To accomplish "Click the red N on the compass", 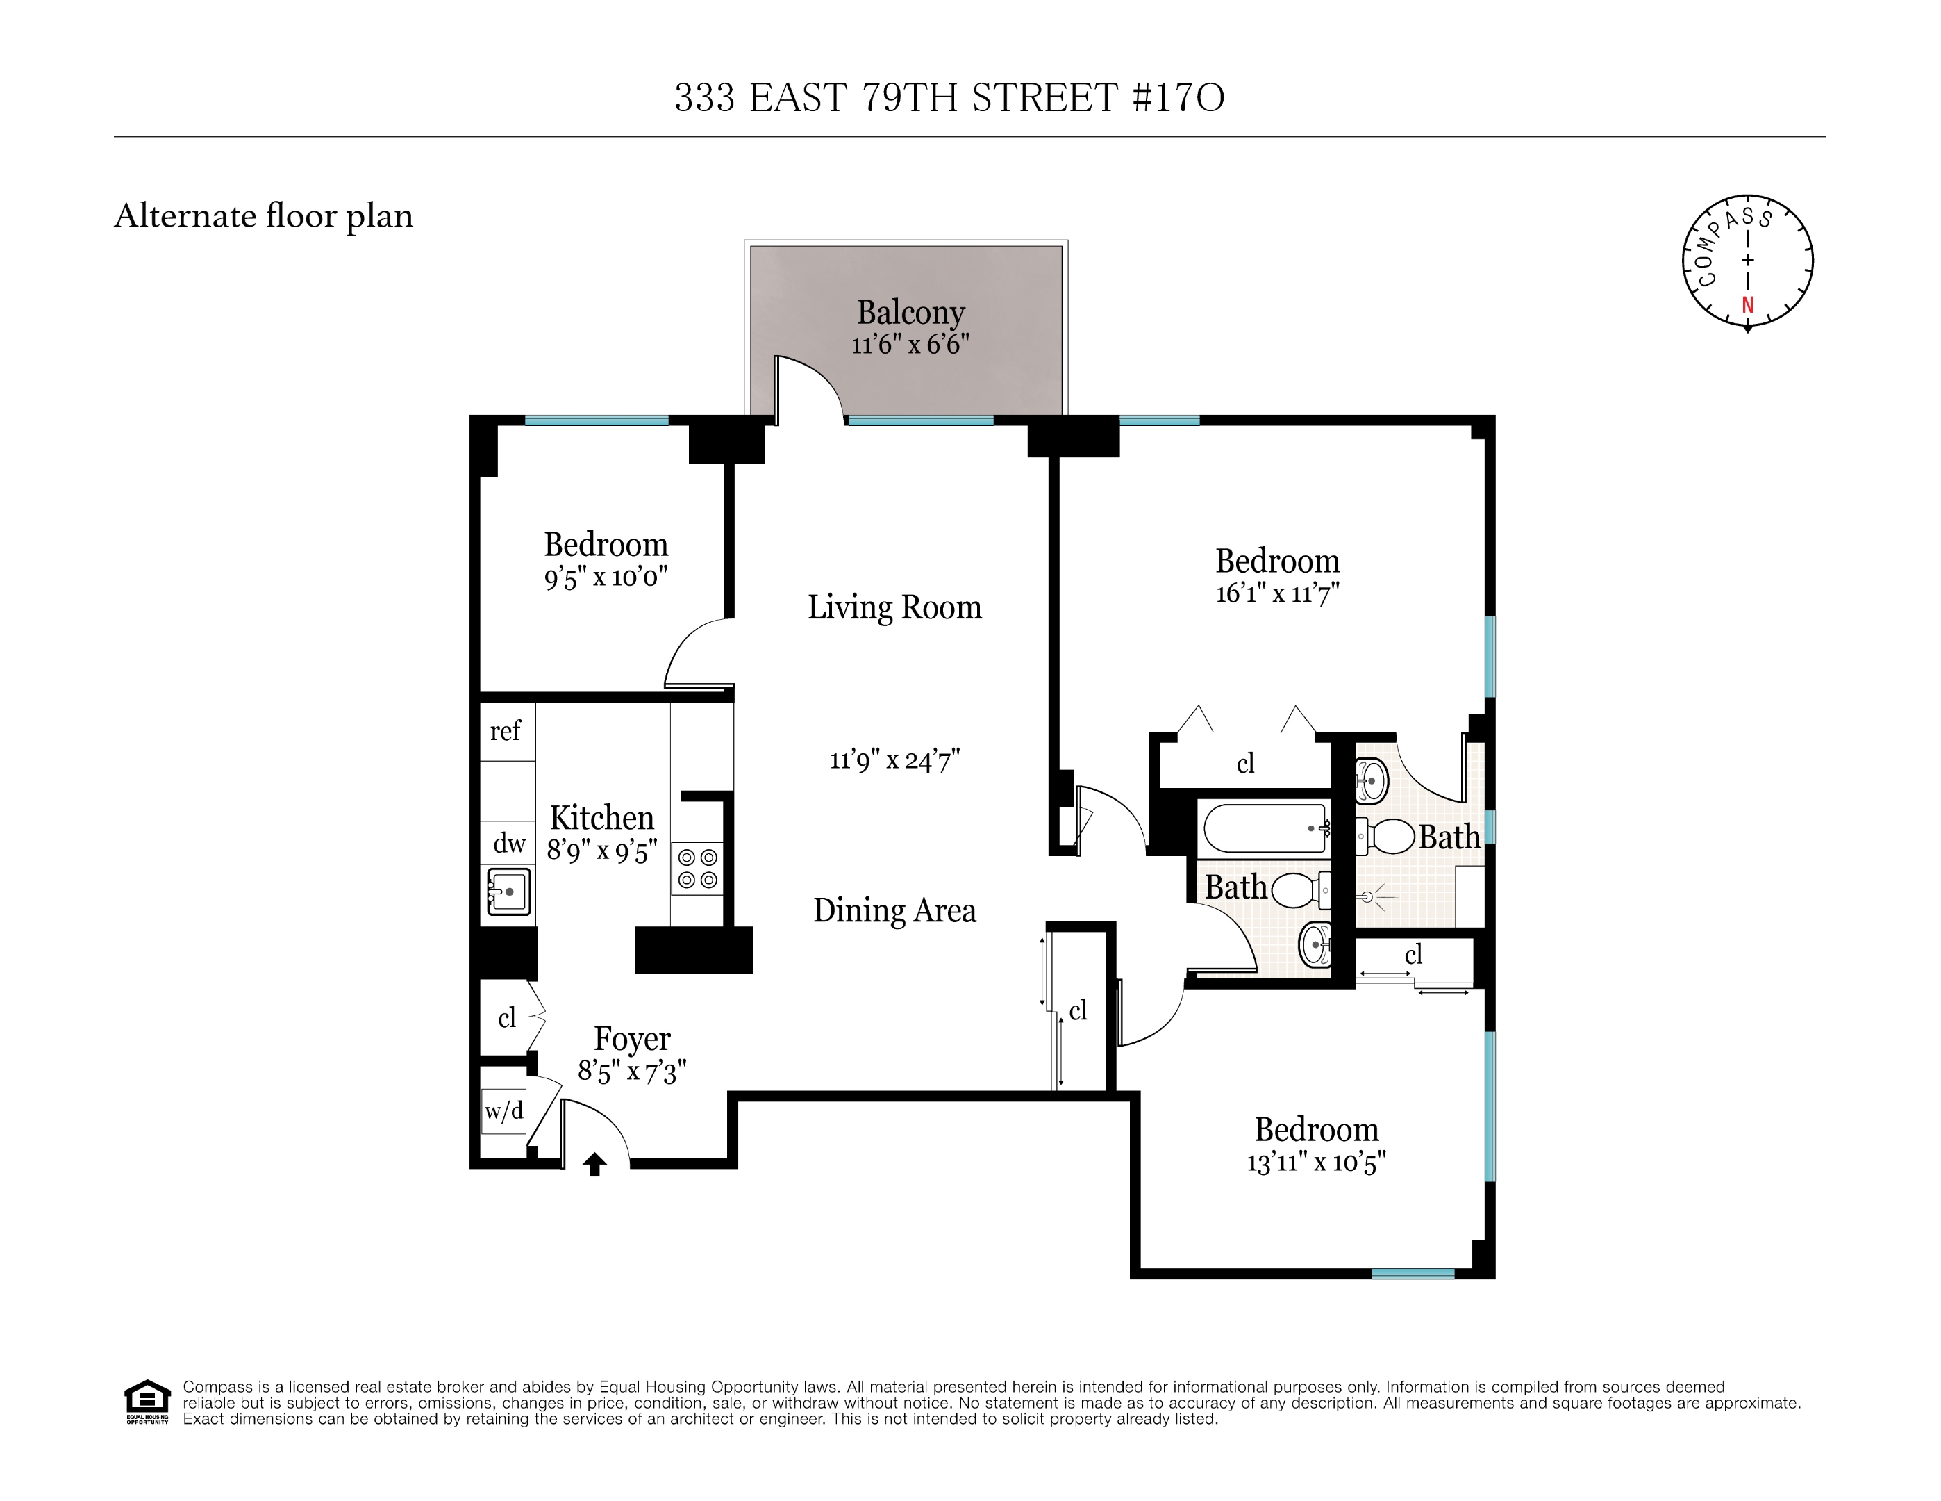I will (x=1747, y=305).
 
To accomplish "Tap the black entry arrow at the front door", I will (x=594, y=1164).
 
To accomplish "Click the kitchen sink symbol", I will (x=509, y=891).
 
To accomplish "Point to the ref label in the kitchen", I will (x=506, y=731).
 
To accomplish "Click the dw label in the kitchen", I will (x=509, y=843).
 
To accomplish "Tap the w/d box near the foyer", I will (x=503, y=1110).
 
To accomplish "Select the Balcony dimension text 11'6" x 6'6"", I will (x=909, y=345).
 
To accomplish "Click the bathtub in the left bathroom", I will (x=1265, y=828).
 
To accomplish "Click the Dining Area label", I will (x=894, y=910).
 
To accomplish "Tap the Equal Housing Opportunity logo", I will (x=147, y=1402).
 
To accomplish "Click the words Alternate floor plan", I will (x=264, y=216).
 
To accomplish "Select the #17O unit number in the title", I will (x=1178, y=98).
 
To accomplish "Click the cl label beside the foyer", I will (x=506, y=1018).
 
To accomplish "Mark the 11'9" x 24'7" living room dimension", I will (x=894, y=760).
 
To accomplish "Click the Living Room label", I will (x=894, y=607).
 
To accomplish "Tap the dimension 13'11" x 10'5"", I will (x=1316, y=1162).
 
